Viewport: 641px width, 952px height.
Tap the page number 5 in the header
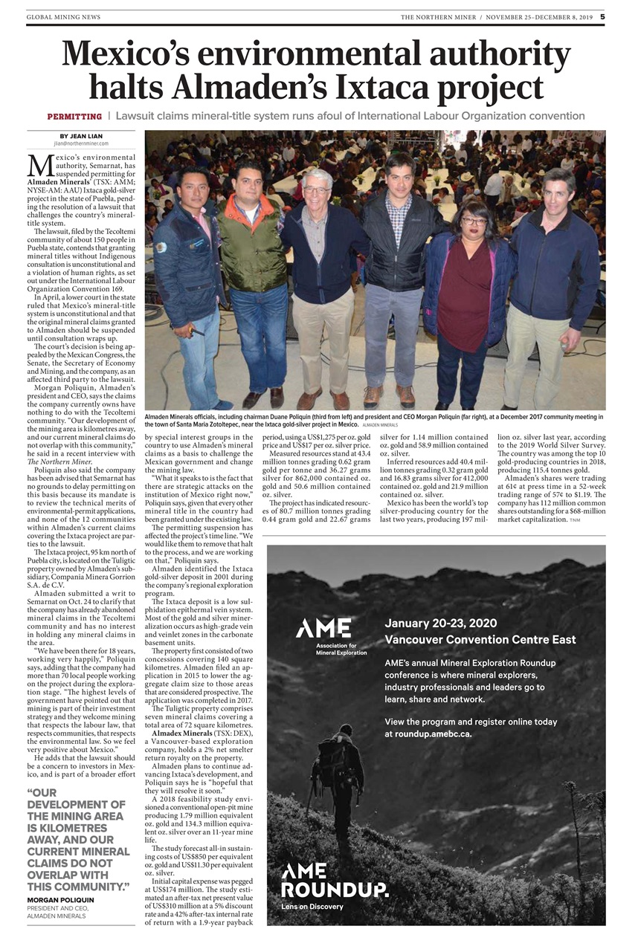click(x=602, y=16)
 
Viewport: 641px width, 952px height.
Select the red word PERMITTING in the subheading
click(x=74, y=117)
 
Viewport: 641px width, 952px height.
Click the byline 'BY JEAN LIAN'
click(x=81, y=136)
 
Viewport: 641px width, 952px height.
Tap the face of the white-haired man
click(x=317, y=192)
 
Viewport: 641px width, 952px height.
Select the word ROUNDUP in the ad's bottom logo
click(x=335, y=889)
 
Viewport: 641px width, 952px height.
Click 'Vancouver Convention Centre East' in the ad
click(x=480, y=639)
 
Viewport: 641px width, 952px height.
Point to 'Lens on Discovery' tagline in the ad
click(x=312, y=907)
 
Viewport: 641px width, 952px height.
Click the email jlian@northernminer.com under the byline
click(x=81, y=143)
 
